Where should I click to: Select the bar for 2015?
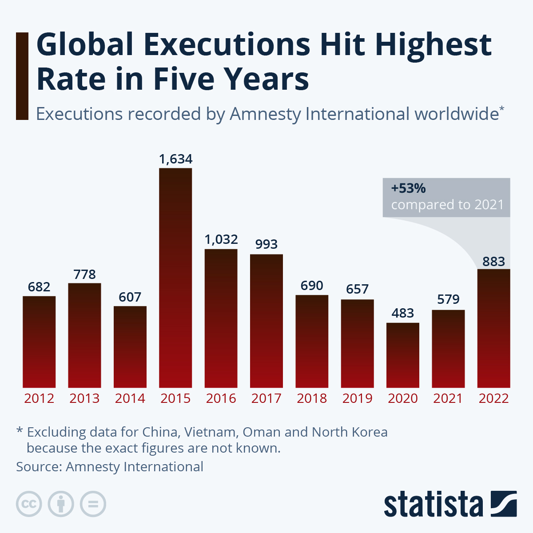[175, 278]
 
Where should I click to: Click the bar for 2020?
[403, 355]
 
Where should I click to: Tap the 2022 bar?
[493, 328]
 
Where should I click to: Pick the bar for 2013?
[84, 335]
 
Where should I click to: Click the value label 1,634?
[176, 159]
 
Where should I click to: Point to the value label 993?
[266, 244]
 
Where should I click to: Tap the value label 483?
[403, 313]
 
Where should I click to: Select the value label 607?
[130, 297]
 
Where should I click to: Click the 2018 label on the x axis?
[312, 398]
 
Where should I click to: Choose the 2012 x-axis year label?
[39, 398]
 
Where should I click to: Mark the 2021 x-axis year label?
[448, 398]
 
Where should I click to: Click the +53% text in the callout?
[408, 188]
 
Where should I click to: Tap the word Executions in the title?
[227, 44]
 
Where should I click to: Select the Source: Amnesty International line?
[110, 467]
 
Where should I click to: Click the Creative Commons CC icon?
[29, 504]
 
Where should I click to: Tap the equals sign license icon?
[93, 504]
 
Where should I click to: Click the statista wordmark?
[433, 505]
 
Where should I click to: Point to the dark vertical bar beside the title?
[22, 76]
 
